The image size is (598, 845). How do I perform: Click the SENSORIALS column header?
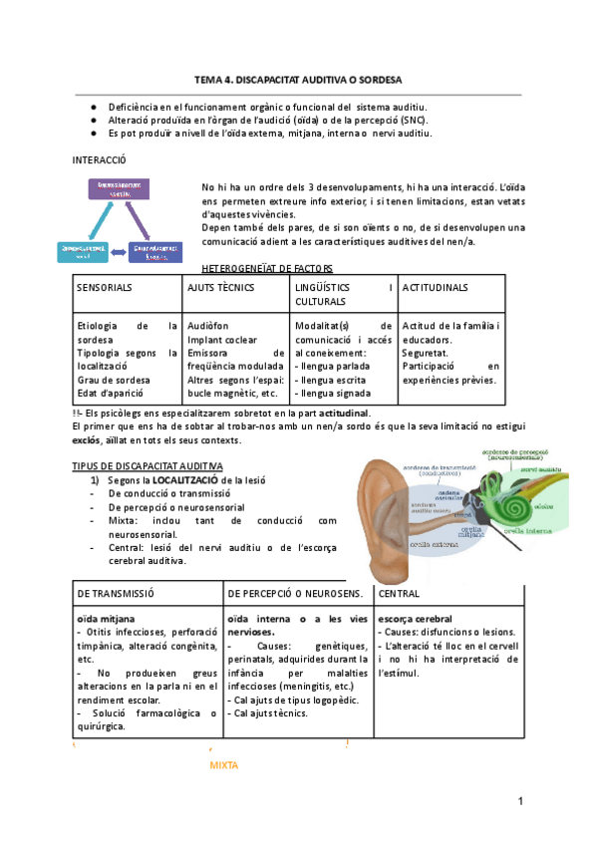click(106, 288)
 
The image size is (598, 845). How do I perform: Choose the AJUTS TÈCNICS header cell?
click(221, 288)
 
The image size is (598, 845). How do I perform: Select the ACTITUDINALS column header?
click(435, 288)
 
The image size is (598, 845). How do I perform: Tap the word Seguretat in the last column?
click(424, 353)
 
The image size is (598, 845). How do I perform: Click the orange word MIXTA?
click(224, 764)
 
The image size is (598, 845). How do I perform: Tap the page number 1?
click(520, 802)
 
